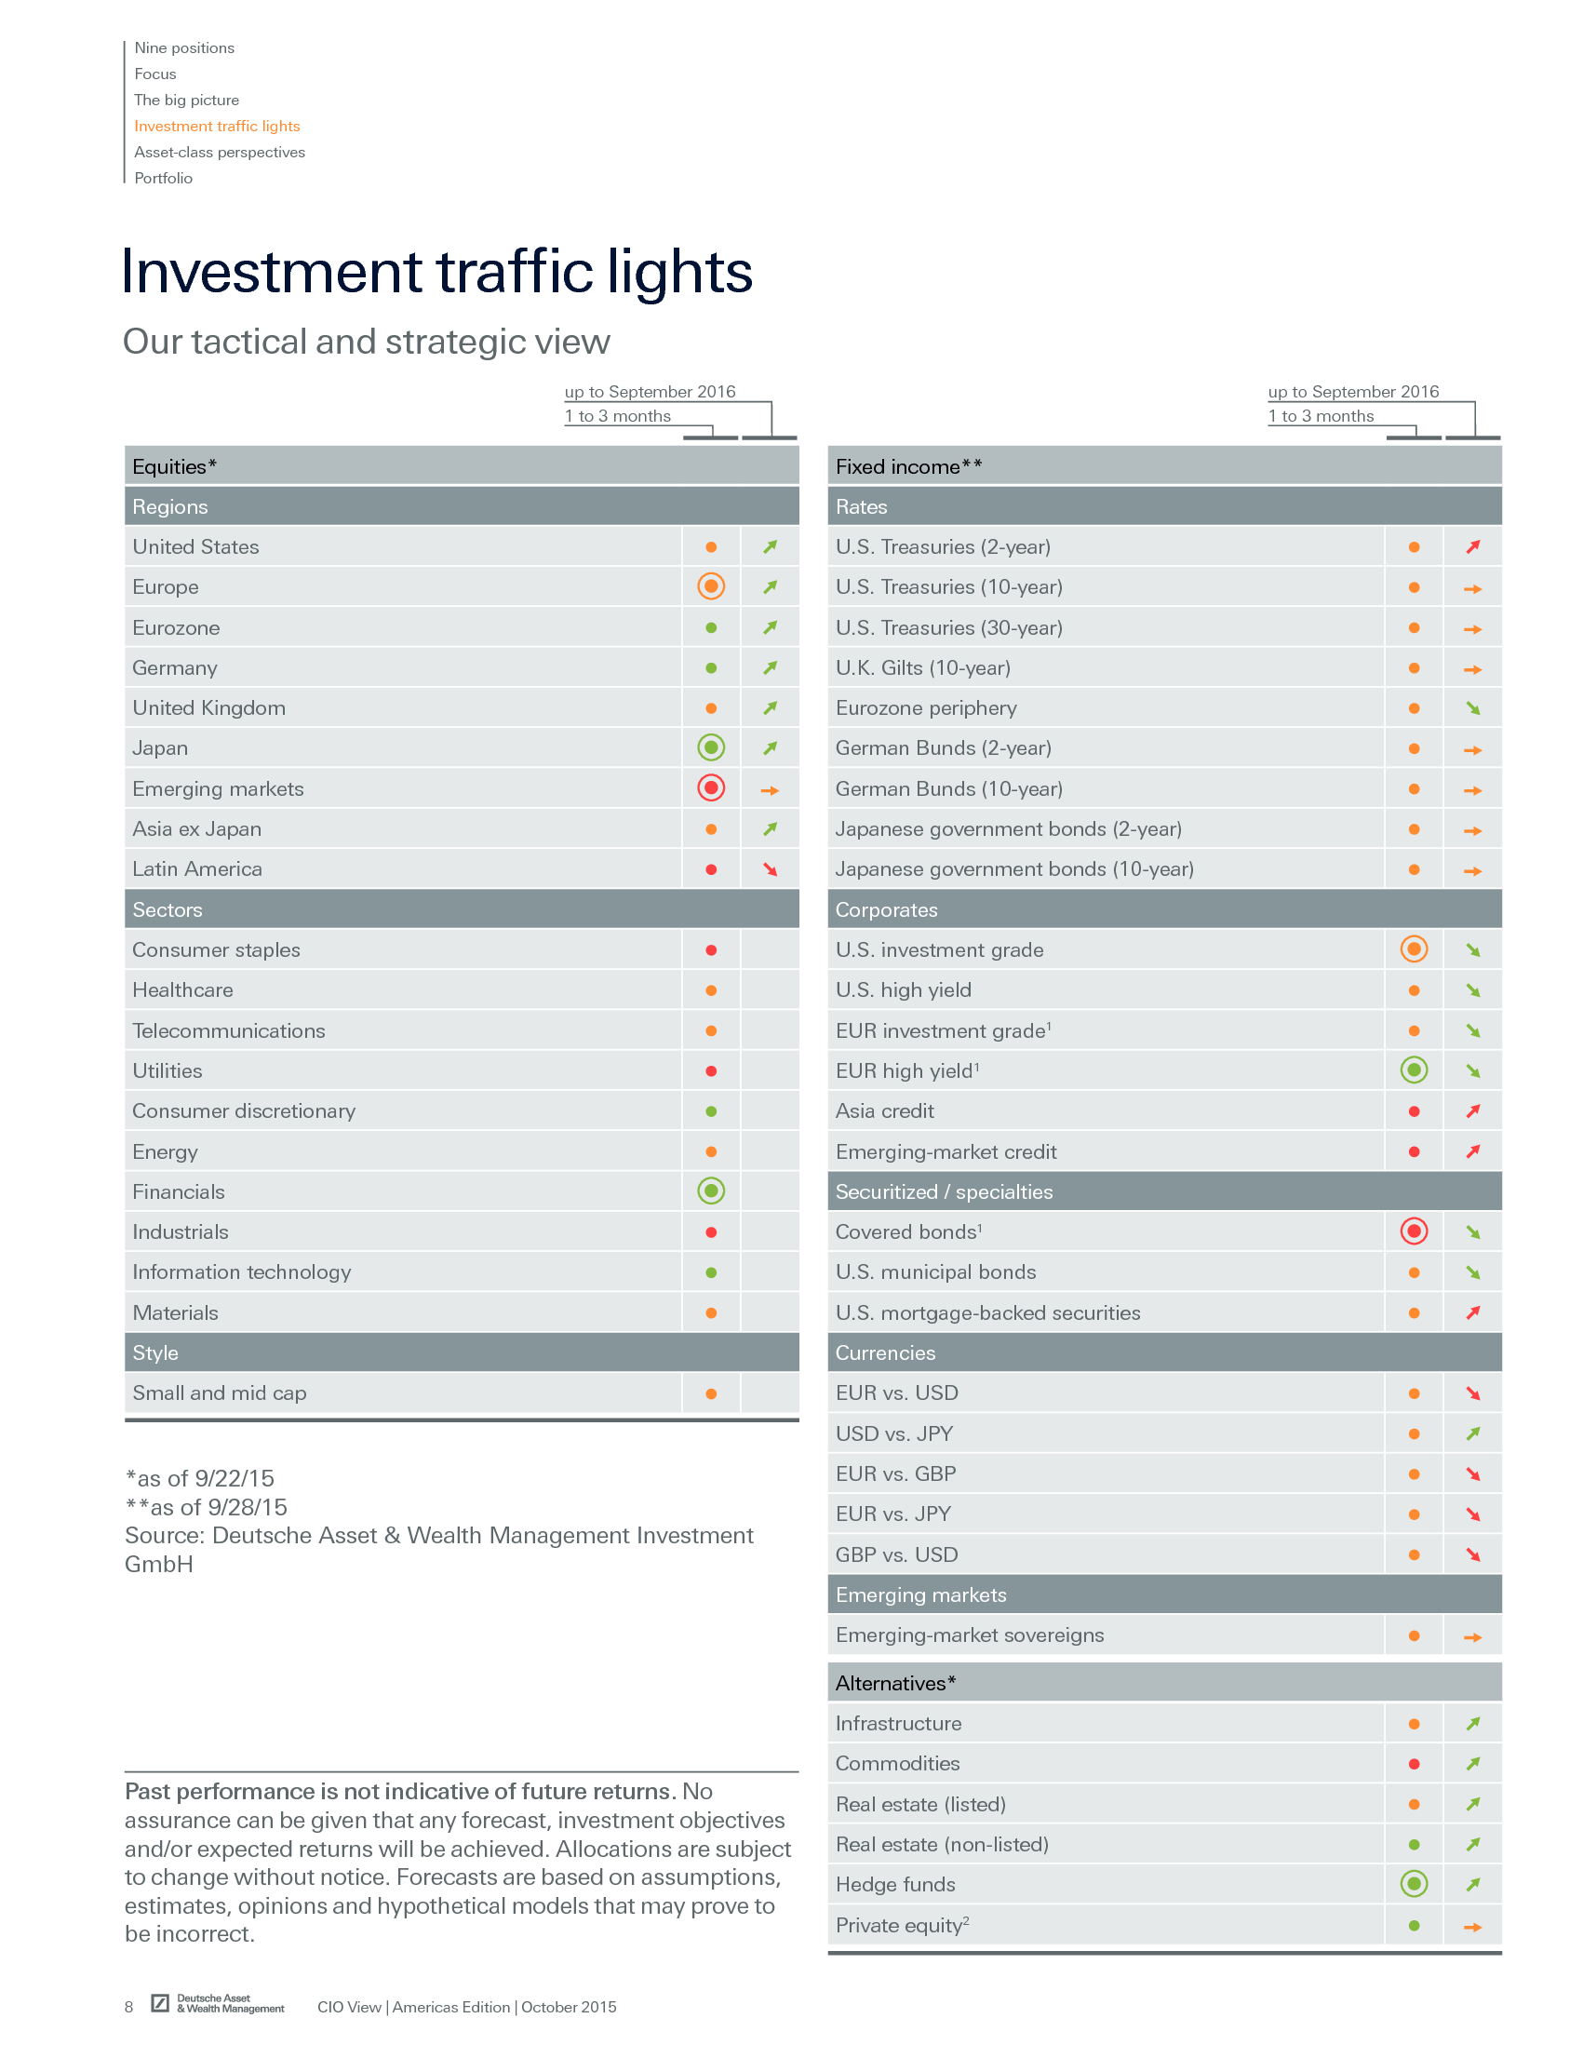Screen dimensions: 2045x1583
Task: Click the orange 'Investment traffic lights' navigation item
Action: tap(216, 127)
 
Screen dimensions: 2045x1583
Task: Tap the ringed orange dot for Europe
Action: tap(711, 587)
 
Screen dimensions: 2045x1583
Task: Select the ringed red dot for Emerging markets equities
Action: tap(711, 788)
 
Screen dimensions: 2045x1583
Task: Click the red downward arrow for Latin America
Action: tap(771, 870)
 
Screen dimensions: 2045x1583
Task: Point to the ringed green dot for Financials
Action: tap(711, 1191)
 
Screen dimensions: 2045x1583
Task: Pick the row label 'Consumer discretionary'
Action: tap(244, 1111)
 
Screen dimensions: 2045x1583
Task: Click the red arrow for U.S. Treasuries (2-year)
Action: tap(1472, 546)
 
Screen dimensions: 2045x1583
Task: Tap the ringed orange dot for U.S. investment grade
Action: tap(1414, 949)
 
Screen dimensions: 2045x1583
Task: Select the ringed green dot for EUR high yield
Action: tap(1414, 1070)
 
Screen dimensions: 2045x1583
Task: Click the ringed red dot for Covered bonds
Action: tap(1414, 1231)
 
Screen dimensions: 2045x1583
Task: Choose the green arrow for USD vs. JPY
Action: tap(1472, 1433)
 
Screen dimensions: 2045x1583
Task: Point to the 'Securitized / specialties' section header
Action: tap(944, 1192)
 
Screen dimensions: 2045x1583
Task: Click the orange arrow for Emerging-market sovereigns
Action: tap(1472, 1637)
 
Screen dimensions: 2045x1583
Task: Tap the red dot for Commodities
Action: tap(1414, 1764)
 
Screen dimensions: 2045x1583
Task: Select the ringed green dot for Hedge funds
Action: tap(1414, 1884)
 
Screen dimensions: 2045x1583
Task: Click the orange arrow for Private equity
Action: tap(1472, 1927)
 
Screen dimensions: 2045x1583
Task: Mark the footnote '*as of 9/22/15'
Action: tap(200, 1478)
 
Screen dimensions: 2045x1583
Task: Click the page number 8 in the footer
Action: tap(129, 2007)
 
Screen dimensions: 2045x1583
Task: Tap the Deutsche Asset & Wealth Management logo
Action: tap(218, 2004)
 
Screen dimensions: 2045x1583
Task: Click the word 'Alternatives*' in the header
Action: tap(895, 1684)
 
